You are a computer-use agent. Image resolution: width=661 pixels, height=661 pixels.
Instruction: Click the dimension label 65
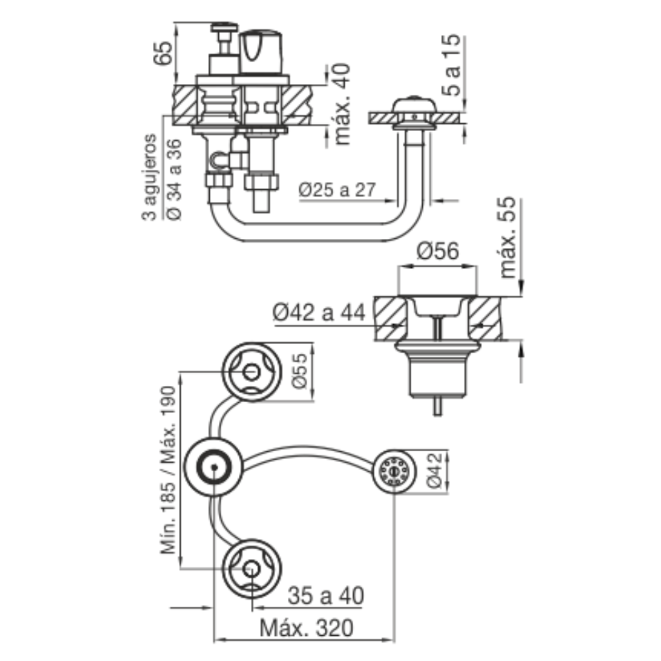coord(163,53)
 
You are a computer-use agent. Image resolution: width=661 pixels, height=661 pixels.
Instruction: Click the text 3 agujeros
coord(149,177)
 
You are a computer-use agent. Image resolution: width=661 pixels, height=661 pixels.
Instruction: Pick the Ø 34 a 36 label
coord(174,179)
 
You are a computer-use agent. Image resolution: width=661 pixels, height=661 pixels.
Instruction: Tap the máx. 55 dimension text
coord(507,238)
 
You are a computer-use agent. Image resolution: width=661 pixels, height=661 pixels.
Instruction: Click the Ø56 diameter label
coord(438,251)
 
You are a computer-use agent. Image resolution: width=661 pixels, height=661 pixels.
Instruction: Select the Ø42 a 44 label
coord(319,313)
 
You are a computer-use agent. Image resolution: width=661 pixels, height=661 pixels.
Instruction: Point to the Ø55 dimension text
coord(302,371)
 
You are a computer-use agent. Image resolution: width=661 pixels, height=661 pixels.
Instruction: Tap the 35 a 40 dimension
coord(325,596)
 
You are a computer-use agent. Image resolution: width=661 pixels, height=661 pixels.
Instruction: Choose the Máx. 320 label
coord(307,628)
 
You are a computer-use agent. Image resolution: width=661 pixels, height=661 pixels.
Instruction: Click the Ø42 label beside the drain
coord(434,471)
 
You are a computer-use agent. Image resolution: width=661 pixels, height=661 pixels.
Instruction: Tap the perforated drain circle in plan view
coord(394,471)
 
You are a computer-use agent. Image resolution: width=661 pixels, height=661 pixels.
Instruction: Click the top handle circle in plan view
coord(252,372)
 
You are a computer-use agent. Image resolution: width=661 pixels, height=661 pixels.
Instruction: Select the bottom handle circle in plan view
coord(252,569)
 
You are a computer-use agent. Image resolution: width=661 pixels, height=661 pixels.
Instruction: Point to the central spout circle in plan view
coord(214,467)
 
